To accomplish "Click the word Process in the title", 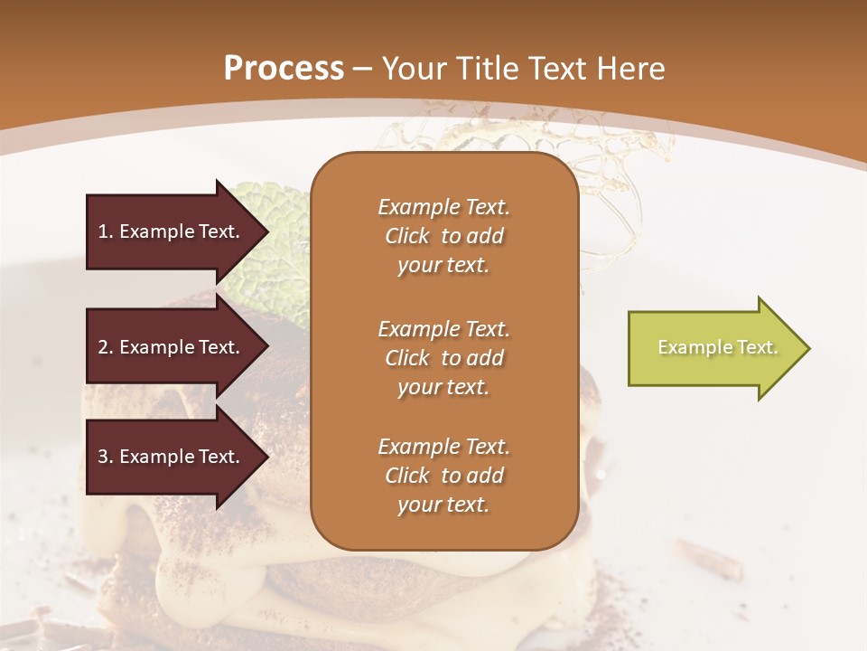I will [x=284, y=69].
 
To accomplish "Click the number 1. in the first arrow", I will [x=106, y=231].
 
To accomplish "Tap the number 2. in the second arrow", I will [x=106, y=347].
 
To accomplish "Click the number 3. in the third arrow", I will [x=106, y=457].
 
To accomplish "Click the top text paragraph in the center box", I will [x=443, y=236].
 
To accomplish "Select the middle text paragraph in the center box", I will [x=443, y=358].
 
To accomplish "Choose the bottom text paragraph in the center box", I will [x=443, y=476].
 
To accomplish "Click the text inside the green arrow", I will [x=718, y=347].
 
